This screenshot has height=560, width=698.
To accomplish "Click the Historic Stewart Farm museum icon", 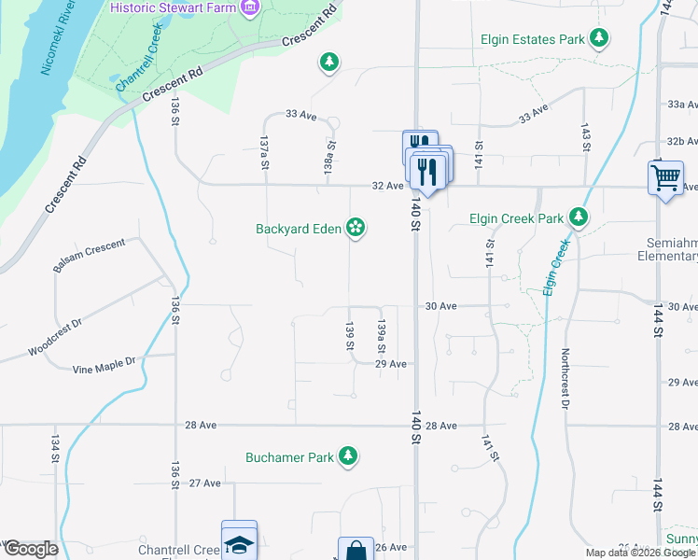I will pos(249,8).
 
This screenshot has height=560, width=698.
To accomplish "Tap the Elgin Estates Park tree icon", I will pos(598,38).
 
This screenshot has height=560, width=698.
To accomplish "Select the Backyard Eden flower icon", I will pos(356,227).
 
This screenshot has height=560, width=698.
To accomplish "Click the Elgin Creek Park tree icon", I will pos(579,217).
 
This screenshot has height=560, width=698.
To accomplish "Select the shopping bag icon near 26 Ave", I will pos(356,551).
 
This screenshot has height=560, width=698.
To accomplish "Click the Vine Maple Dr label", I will pos(104,364).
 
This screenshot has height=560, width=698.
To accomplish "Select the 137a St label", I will pos(265,152).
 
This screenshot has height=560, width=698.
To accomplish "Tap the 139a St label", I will pos(381,335).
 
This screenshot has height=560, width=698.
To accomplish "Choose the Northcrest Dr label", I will pos(565,379).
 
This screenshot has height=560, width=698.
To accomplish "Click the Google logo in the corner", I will pos(31,549).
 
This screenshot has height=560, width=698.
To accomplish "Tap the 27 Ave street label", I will pos(204,483).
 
